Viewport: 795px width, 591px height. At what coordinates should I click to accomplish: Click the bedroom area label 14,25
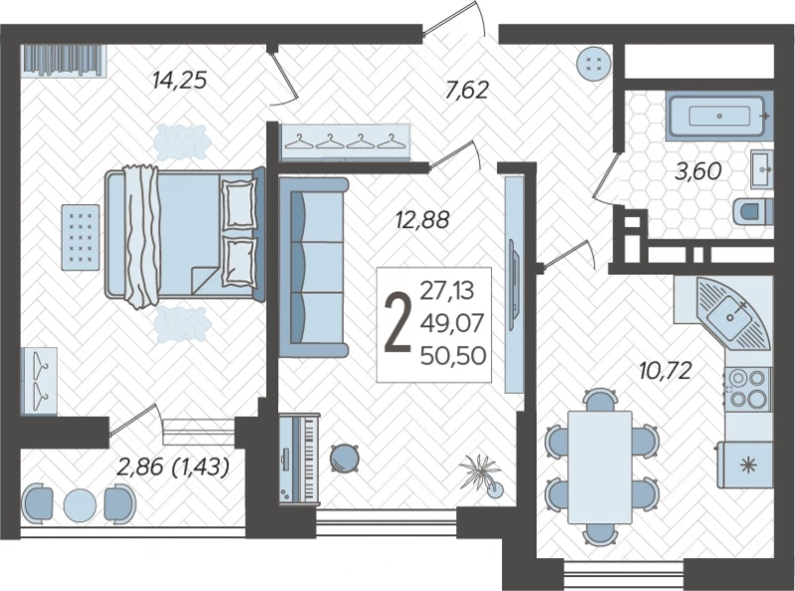180,80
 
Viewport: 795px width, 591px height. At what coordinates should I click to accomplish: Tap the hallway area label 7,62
466,90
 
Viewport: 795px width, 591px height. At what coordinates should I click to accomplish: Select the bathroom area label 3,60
698,171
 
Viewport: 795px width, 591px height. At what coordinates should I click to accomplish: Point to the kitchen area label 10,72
665,371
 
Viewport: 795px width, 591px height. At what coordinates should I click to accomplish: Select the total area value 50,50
453,355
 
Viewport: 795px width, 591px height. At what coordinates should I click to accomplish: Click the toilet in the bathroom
753,211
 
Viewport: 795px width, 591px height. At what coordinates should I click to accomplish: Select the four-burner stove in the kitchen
747,389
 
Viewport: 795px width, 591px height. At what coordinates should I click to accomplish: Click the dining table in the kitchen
600,467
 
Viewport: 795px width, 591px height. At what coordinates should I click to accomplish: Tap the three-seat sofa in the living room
312,268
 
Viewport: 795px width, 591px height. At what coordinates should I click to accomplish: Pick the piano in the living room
299,458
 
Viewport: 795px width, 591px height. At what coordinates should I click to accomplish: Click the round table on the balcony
80,504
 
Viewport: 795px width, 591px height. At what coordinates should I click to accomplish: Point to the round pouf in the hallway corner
593,64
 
